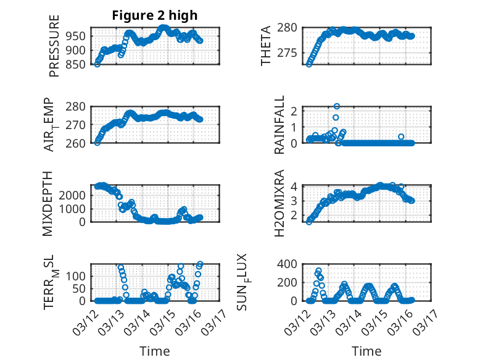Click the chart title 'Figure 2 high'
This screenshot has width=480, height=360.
coord(154,15)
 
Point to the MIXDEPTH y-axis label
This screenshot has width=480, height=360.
coord(48,203)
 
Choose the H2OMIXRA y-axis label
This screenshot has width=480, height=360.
coord(279,204)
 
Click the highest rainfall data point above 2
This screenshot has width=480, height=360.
coord(337,106)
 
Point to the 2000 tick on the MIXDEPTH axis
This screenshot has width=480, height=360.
coord(75,195)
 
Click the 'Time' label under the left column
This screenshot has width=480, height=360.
coord(154,351)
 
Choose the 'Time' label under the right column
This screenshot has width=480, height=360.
coord(366,351)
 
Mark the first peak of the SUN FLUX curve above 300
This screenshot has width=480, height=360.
coord(318,270)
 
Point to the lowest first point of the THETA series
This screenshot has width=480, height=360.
coord(309,64)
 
